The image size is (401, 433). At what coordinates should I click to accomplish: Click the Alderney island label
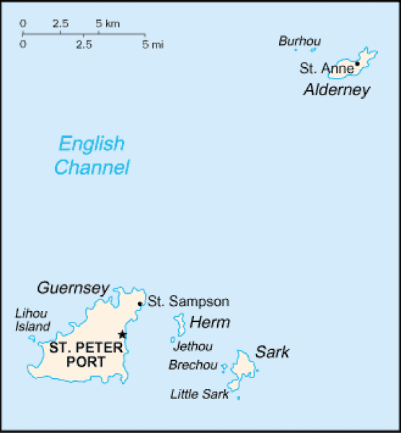[x=336, y=89]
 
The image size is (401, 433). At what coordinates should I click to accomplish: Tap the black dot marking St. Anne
[x=357, y=64]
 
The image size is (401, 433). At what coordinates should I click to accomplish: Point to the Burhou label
[x=299, y=41]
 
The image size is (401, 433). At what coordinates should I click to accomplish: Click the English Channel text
[x=92, y=156]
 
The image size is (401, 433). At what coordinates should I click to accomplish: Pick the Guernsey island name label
[x=72, y=288]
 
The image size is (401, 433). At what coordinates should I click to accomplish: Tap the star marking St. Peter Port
[x=123, y=334]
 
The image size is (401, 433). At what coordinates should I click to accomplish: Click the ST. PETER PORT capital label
[x=86, y=354]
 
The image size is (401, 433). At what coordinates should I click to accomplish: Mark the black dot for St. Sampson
[x=139, y=304]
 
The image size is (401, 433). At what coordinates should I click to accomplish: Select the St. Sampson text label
[x=189, y=302]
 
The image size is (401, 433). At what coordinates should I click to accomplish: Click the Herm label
[x=210, y=323]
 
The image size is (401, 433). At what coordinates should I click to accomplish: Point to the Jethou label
[x=193, y=346]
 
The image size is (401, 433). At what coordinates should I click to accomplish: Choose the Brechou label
[x=193, y=365]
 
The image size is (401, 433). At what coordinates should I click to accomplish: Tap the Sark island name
[x=272, y=352]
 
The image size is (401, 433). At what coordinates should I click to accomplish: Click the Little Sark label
[x=199, y=394]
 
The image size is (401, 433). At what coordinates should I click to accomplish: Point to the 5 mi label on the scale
[x=153, y=45]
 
